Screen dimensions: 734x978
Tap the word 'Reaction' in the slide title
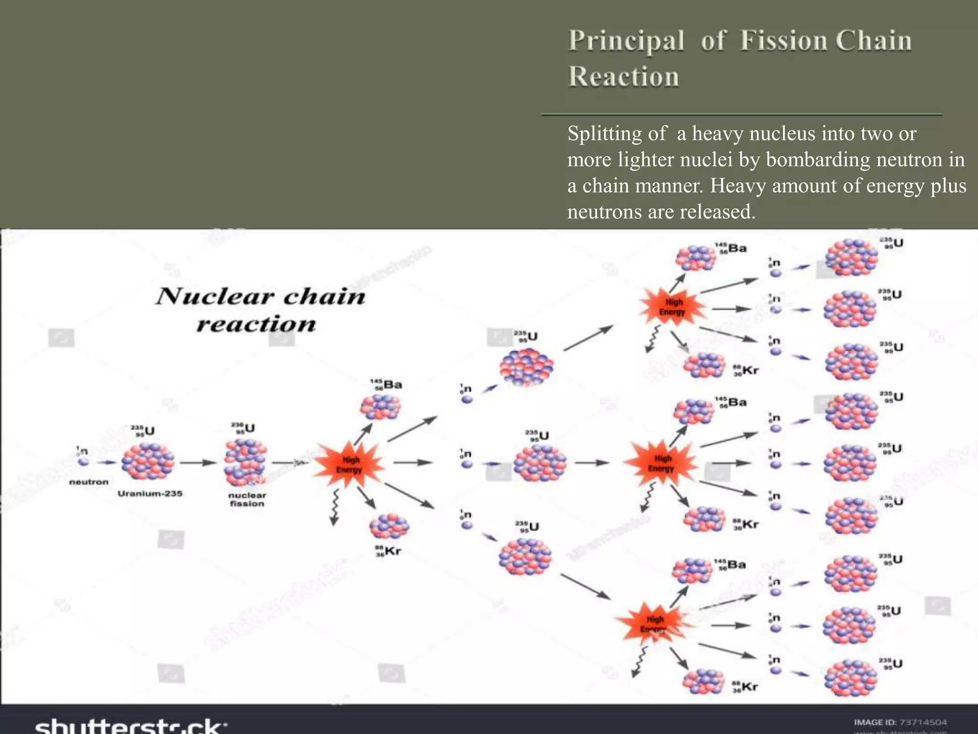623,77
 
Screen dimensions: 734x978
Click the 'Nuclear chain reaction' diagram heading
260,309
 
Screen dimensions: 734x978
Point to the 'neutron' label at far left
89,482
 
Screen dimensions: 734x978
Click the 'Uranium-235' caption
150,493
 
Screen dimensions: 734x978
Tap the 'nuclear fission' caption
247,499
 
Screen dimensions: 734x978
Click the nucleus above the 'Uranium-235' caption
148,461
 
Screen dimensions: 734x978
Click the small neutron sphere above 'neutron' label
84,462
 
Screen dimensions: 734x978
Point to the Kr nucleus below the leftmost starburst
389,527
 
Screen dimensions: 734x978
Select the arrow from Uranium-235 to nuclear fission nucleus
198,463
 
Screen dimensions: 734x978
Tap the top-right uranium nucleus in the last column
851,258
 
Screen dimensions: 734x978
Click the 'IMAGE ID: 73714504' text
900,722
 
